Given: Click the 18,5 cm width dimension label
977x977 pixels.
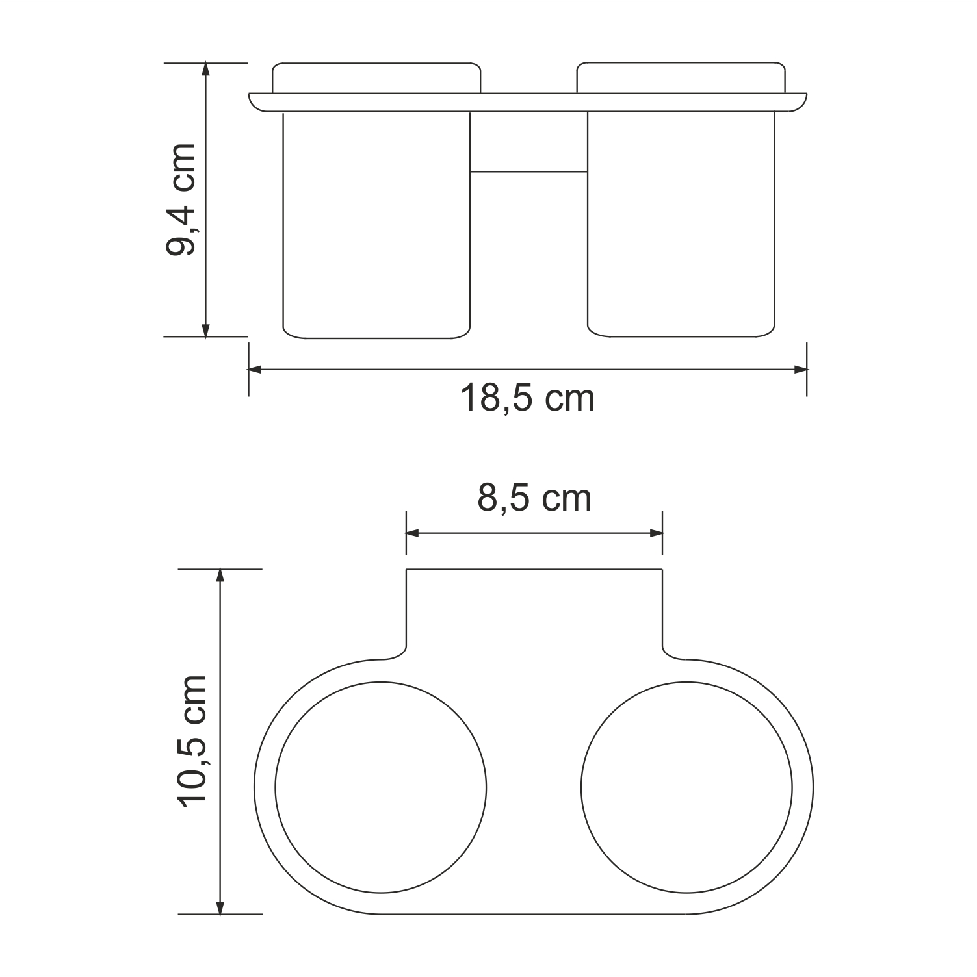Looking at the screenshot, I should (527, 398).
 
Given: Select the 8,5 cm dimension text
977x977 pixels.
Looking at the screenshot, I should (534, 498).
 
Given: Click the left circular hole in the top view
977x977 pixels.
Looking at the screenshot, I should (381, 787).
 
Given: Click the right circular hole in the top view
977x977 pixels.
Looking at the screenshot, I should (686, 787).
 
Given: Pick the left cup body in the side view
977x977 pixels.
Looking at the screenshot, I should (376, 224).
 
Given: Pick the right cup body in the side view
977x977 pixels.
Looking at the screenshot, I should (681, 224).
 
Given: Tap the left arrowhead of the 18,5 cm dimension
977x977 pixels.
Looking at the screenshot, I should (254, 370).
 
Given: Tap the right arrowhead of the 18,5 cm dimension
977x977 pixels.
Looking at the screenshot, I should (801, 370).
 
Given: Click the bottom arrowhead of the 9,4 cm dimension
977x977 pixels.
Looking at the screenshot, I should (206, 331).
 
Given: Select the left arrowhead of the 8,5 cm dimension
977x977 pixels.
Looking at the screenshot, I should (412, 533).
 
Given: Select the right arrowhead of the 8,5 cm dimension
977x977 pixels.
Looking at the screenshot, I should (657, 533).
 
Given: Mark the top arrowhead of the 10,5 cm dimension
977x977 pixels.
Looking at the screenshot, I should (220, 576).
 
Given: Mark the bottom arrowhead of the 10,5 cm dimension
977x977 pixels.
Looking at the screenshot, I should (220, 908).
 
